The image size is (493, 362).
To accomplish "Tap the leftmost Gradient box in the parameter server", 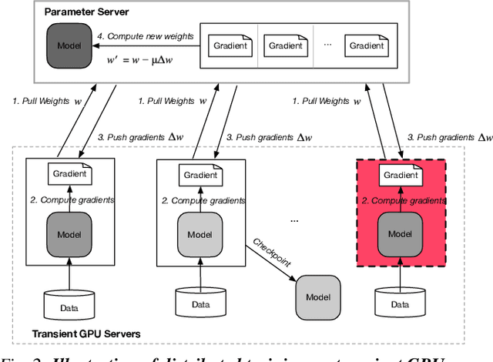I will pyautogui.click(x=230, y=45).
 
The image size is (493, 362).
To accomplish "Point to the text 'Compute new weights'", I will pyautogui.click(x=143, y=35).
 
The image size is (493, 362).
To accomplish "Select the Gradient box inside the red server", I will pyautogui.click(x=400, y=175).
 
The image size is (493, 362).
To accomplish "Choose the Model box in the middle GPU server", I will pyautogui.click(x=200, y=233).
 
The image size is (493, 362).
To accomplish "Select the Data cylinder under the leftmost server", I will pyautogui.click(x=69, y=303).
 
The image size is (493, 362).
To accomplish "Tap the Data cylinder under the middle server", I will pyautogui.click(x=200, y=303).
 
